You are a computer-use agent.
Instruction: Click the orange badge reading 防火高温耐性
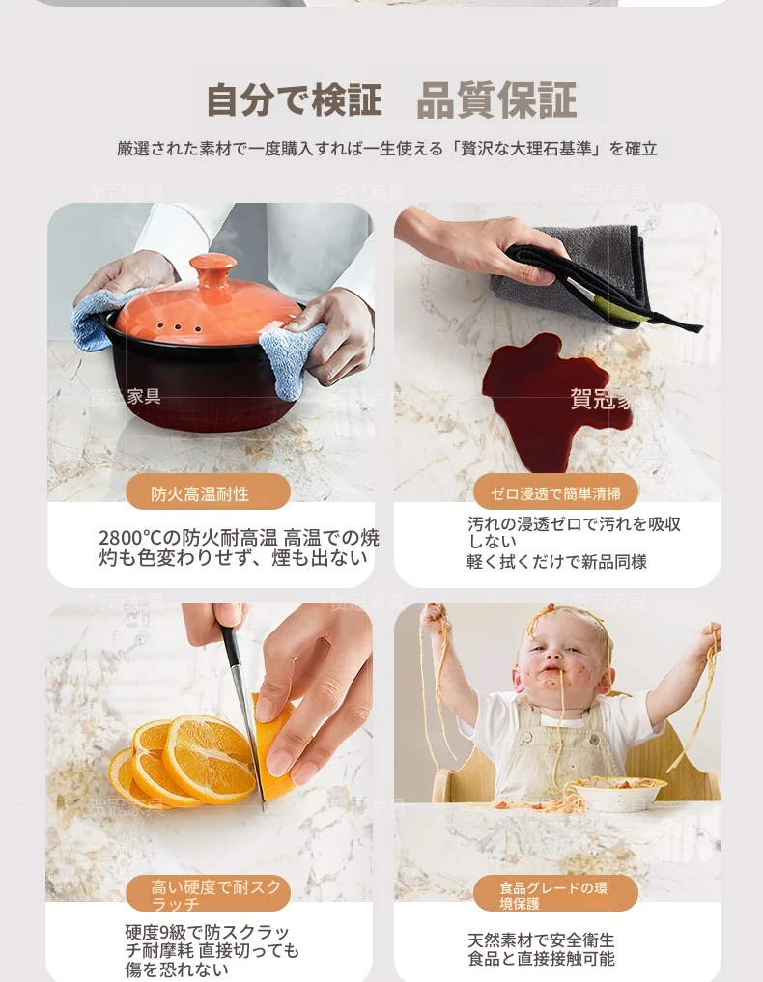point(208,492)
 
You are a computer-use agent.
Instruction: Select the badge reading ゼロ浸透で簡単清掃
point(555,492)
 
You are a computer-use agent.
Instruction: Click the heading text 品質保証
point(496,100)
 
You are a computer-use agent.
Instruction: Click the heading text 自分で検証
point(294,100)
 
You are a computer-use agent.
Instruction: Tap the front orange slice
point(210,759)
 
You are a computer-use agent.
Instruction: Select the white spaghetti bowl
point(617,792)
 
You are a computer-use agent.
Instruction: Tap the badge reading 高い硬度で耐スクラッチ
point(208,894)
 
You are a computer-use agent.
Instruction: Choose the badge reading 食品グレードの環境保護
point(555,894)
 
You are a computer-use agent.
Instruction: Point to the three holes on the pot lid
point(179,327)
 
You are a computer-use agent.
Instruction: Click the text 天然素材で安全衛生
point(541,940)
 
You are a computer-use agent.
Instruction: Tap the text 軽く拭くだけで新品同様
point(557,562)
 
